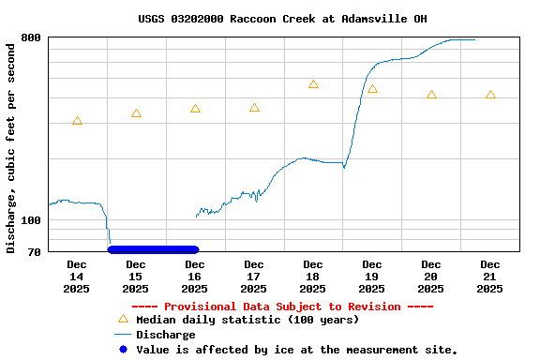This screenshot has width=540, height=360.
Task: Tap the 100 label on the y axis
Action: [31, 220]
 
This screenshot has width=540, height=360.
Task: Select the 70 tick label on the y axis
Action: [34, 251]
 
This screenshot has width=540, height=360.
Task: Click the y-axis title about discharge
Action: [11, 147]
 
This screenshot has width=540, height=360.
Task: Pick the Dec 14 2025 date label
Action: [77, 277]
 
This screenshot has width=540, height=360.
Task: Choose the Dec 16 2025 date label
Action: [195, 277]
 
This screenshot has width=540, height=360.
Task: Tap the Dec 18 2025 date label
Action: [313, 277]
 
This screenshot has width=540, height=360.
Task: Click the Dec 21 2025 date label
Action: [490, 277]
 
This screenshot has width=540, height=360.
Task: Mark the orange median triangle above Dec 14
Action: [77, 121]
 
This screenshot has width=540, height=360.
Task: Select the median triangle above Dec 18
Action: [313, 84]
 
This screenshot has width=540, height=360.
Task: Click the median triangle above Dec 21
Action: [490, 95]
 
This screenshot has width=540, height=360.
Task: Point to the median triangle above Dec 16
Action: [195, 109]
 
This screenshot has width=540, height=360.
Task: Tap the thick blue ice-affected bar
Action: [153, 249]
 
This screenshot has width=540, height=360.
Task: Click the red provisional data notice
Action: [282, 307]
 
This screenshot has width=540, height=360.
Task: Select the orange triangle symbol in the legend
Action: [123, 319]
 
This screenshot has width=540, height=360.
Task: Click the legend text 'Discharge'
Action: [166, 335]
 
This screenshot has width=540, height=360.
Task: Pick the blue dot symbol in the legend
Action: [123, 350]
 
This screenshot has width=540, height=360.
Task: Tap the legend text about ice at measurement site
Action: [297, 350]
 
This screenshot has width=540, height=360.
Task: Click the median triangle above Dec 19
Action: [372, 89]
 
